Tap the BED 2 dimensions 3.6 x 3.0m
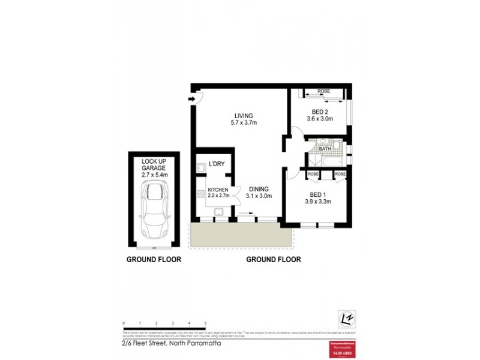coord(320,119)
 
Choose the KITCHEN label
coord(218,190)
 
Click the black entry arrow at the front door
coord(192,100)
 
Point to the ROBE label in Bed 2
coord(324,91)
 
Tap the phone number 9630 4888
coord(340,353)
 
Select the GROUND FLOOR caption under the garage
coord(154,260)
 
